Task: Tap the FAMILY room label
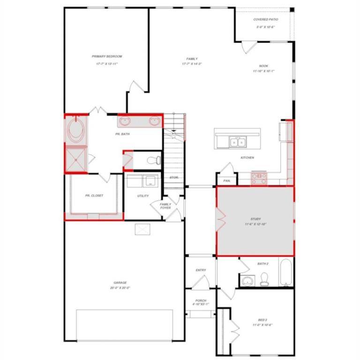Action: click(x=191, y=59)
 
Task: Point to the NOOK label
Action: click(x=263, y=66)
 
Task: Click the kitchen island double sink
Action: click(x=237, y=142)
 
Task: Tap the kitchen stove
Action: click(x=259, y=178)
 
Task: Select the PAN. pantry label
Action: click(x=226, y=180)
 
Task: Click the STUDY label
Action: click(x=255, y=219)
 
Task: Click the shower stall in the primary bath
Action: click(x=75, y=158)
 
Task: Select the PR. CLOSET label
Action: click(x=94, y=195)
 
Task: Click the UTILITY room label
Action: click(x=143, y=195)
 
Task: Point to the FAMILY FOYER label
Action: click(x=165, y=206)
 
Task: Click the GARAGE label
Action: click(x=120, y=283)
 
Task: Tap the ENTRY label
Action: click(x=201, y=270)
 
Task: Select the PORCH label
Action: click(x=201, y=300)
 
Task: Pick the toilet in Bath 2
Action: click(x=264, y=280)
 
